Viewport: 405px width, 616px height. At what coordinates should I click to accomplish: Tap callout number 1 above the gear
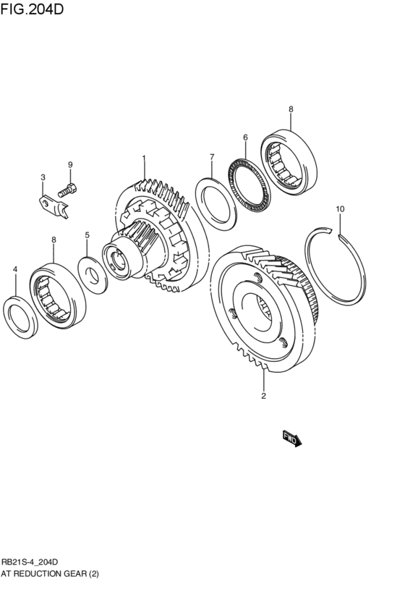tap(144, 158)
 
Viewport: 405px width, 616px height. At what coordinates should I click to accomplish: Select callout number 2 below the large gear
tap(264, 396)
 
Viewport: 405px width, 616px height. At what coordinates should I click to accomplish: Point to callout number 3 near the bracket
tap(43, 177)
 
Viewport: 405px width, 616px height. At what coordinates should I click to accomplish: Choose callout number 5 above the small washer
tap(87, 235)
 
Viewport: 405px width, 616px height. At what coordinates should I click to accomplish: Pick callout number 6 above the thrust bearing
tap(245, 138)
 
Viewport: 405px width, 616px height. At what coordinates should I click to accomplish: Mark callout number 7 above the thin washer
tap(212, 157)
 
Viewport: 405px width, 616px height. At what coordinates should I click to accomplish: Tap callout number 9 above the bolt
tap(70, 165)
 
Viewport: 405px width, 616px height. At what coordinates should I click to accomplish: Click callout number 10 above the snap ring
tap(340, 209)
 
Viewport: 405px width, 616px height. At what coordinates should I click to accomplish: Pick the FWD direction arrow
tap(291, 437)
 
